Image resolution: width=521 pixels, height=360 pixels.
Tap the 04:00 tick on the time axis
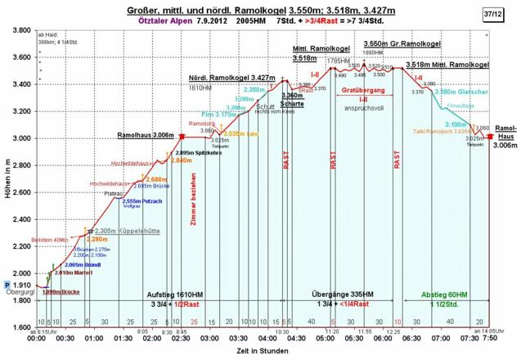point(267,337)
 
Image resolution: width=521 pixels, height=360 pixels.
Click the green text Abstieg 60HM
point(444,294)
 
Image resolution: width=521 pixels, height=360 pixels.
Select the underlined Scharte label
point(292,126)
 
